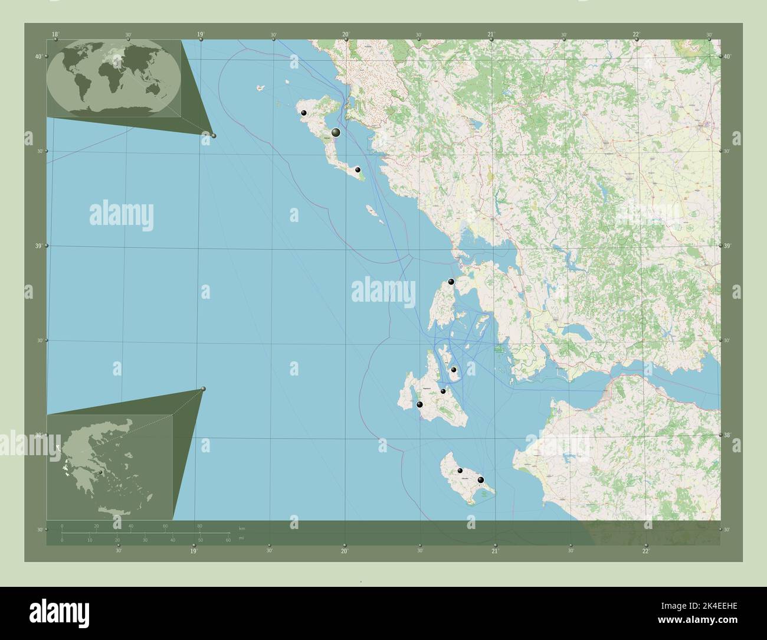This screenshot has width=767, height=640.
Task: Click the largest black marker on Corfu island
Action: coord(336,133)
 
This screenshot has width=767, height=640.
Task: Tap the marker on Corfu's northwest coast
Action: coord(304,112)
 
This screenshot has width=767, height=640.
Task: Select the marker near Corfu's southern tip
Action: coord(358,169)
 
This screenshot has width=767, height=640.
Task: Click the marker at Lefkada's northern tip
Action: coord(451,282)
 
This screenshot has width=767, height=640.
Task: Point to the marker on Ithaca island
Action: coord(454,370)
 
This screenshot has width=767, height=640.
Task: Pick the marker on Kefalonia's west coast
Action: coord(419,405)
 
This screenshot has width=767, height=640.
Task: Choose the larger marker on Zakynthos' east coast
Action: coord(481,480)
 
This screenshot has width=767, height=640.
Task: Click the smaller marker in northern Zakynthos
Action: coord(460,471)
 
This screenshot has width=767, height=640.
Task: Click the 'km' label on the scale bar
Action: coord(242,527)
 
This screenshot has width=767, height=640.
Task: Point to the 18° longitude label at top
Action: coord(55,35)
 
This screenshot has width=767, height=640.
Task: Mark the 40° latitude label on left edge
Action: coord(37,57)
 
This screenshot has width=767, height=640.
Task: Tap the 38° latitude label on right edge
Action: coord(727,435)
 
